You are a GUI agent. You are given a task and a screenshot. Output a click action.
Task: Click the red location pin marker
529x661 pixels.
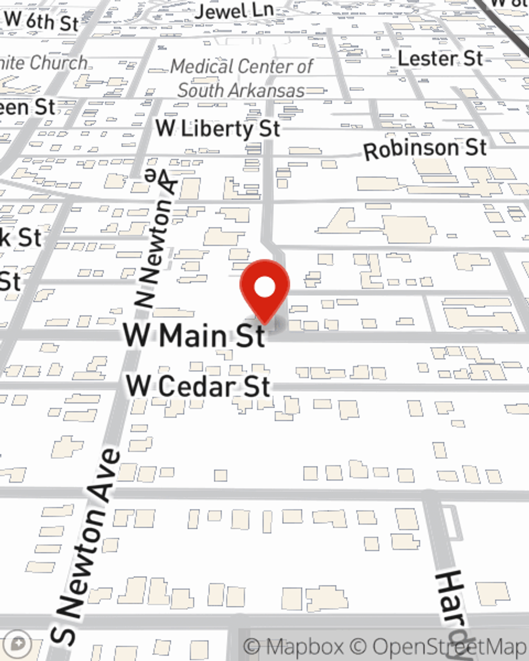point(264,291)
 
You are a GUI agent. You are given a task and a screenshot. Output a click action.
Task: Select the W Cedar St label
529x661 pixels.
point(198,386)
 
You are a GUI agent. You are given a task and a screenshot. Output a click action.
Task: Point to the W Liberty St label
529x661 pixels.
point(217,128)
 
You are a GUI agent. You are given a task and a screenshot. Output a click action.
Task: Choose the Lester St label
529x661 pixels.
point(440,58)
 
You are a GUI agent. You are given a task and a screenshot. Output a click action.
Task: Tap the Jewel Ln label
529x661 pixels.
point(234,11)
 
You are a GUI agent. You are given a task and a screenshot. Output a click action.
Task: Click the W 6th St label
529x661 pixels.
point(41,22)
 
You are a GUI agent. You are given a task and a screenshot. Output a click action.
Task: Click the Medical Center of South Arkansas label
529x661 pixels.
point(242,78)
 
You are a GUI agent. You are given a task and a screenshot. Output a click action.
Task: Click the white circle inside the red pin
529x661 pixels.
point(264,288)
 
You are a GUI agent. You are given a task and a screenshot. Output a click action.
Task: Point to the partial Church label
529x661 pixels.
point(58,63)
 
